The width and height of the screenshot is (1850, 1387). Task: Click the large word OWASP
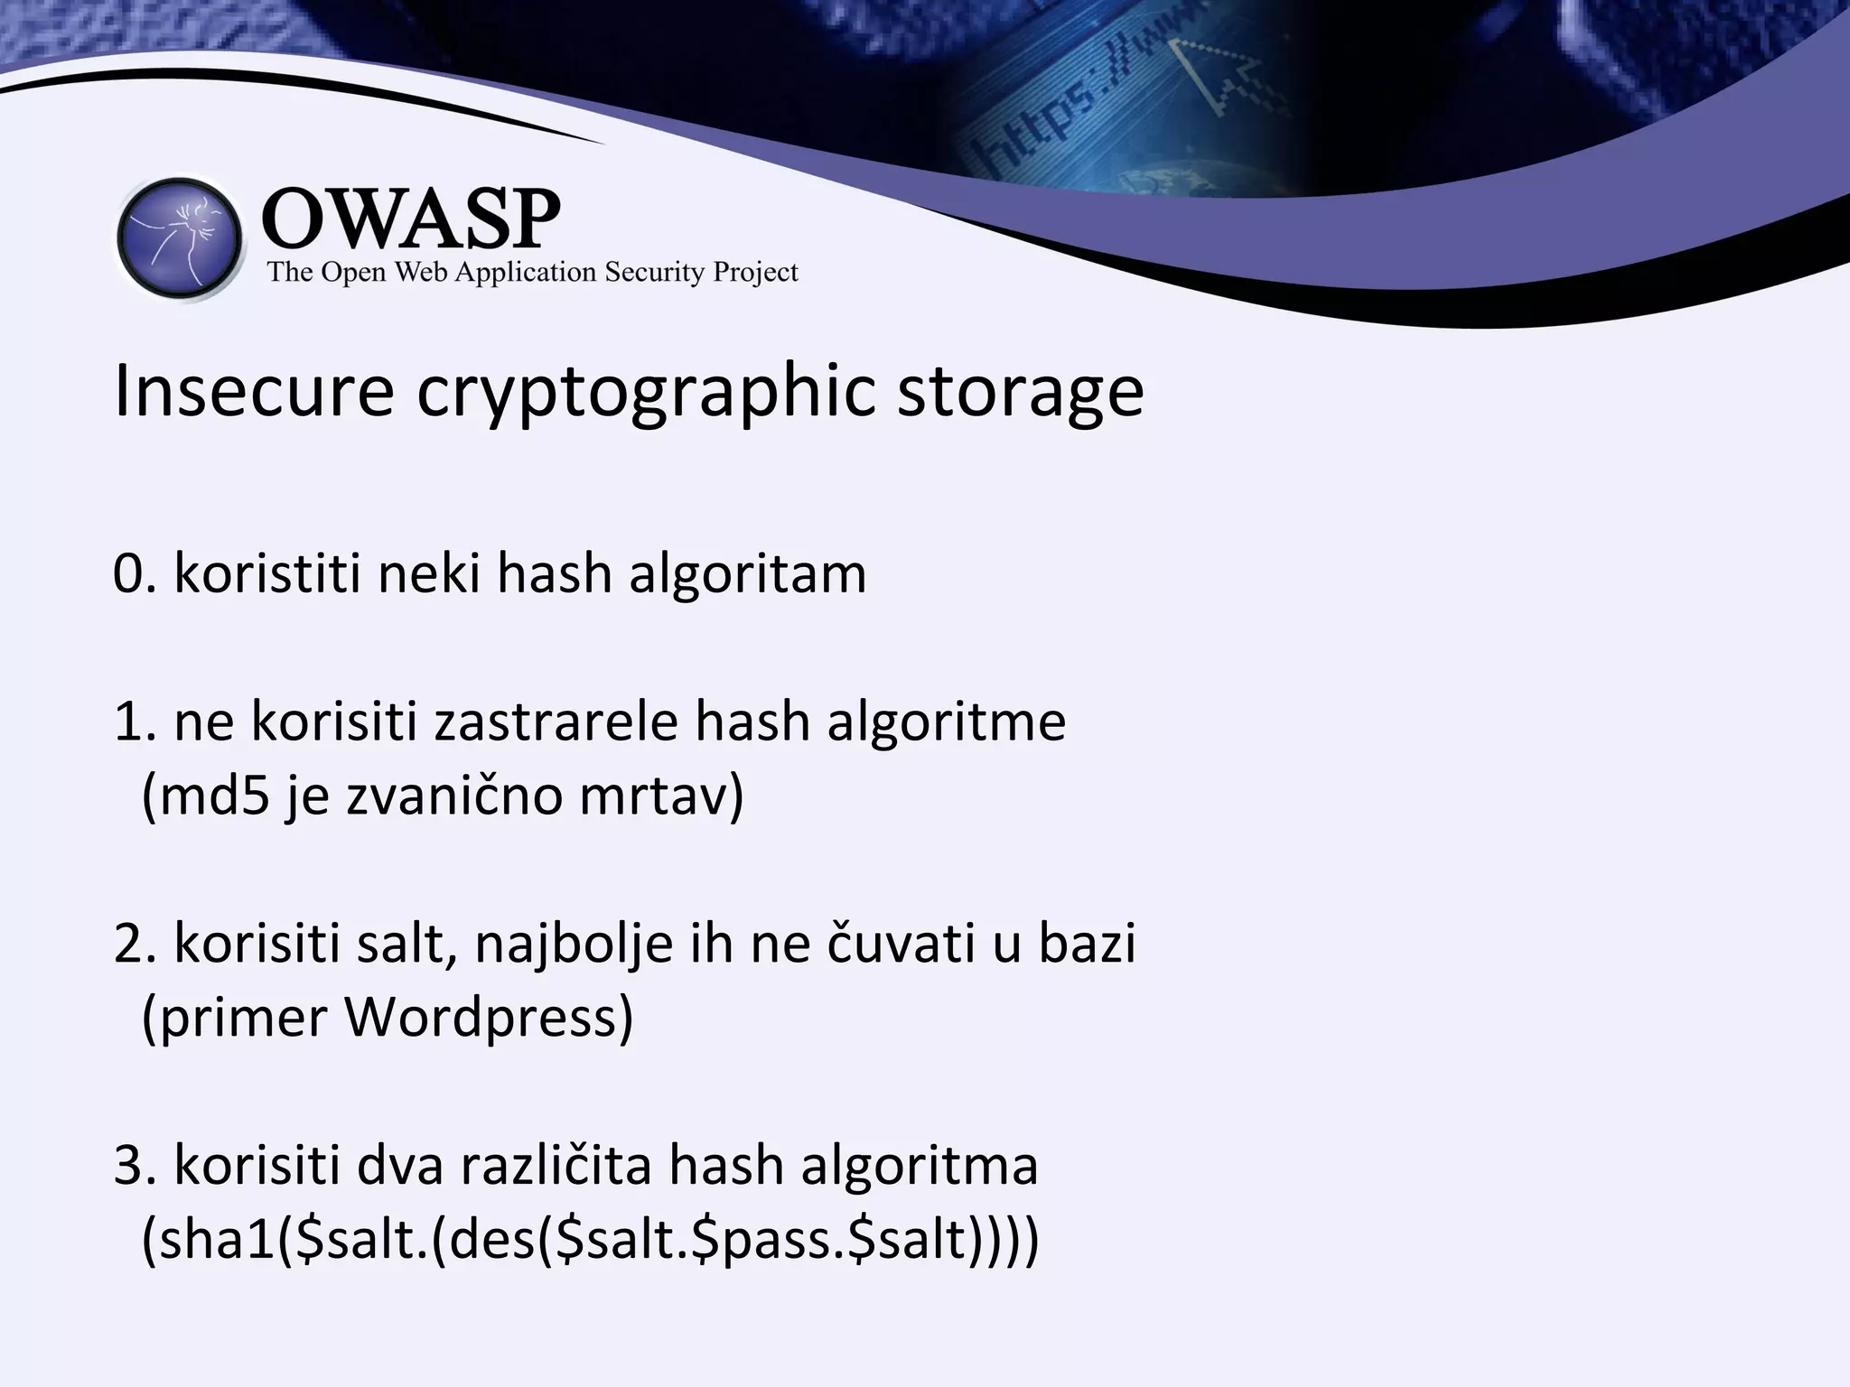(x=411, y=219)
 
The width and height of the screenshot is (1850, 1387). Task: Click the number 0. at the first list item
(x=135, y=573)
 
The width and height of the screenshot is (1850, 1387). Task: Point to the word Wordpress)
(x=489, y=1019)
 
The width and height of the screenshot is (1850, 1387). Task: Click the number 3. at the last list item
(x=135, y=1166)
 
